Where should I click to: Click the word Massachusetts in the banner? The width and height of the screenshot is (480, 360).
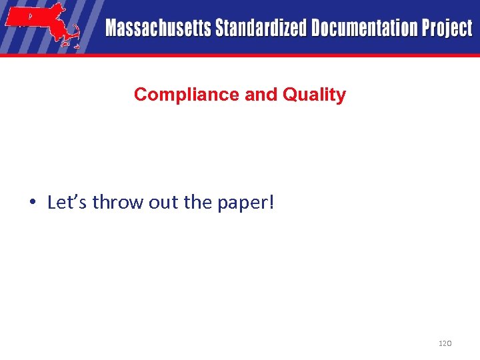point(158,28)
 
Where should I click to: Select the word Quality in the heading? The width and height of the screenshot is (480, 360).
point(314,95)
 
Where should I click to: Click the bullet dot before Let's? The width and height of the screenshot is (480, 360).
point(33,203)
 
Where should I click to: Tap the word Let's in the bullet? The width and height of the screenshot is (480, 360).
point(68,202)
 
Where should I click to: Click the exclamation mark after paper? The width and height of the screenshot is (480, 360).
point(271,201)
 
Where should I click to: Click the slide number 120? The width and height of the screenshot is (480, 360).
point(445,343)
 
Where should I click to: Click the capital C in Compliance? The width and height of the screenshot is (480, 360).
point(140,95)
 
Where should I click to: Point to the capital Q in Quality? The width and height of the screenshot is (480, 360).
point(289,95)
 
